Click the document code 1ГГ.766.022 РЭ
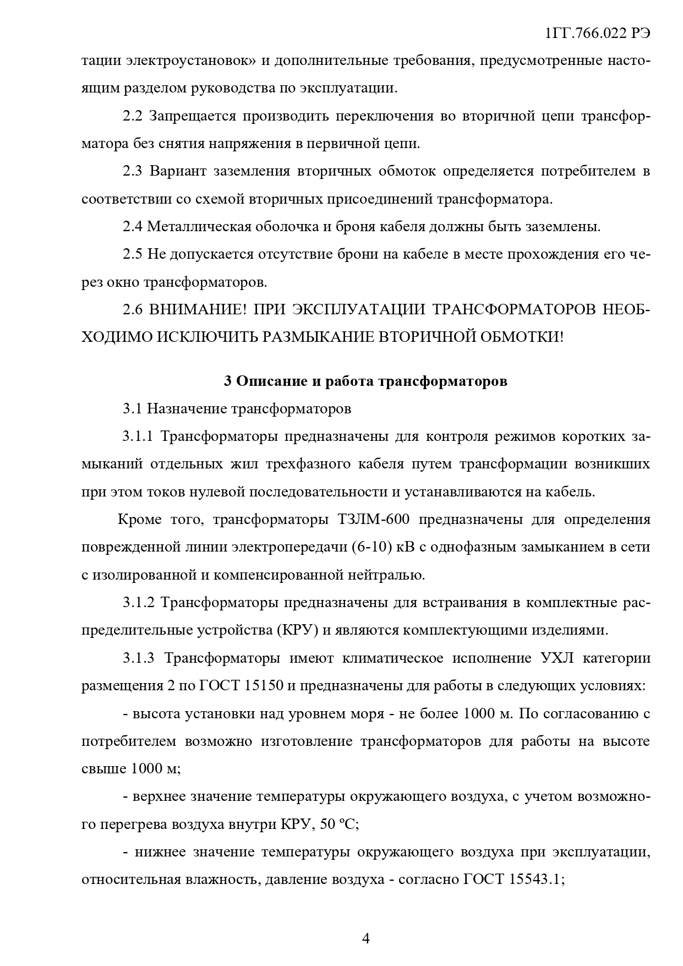pyautogui.click(x=597, y=33)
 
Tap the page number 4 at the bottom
pyautogui.click(x=366, y=938)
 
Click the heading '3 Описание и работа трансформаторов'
pyautogui.click(x=365, y=381)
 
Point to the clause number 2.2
pyautogui.click(x=133, y=116)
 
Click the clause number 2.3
pyautogui.click(x=133, y=171)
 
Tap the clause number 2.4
pyautogui.click(x=133, y=226)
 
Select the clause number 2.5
pyautogui.click(x=133, y=254)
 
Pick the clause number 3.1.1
pyautogui.click(x=138, y=436)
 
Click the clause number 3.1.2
pyautogui.click(x=138, y=603)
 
